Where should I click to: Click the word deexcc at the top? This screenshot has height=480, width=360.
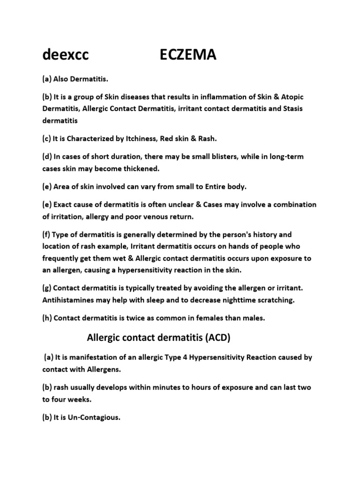coord(65,55)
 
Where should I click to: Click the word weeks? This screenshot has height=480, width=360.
coord(80,399)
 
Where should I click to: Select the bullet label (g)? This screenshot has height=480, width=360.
coord(48,288)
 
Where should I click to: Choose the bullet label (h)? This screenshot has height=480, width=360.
coord(48,318)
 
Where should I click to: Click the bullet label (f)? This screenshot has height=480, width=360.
coord(48,234)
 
